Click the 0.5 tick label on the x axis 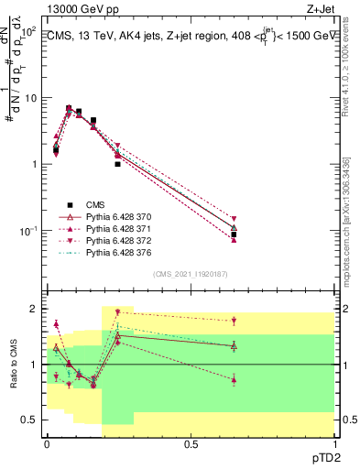coord(190,444)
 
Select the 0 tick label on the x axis coord(46,444)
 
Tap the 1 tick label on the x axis coord(333,444)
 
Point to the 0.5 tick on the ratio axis coord(30,420)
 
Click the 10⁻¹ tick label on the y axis coord(27,231)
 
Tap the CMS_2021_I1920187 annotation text coord(190,274)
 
